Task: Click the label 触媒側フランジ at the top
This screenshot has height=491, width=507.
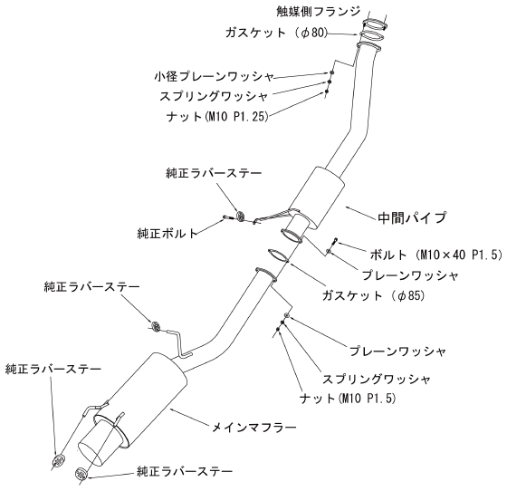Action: pyautogui.click(x=318, y=11)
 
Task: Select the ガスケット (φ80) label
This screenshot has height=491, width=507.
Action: pyautogui.click(x=276, y=33)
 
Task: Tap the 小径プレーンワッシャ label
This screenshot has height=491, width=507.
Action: pyautogui.click(x=214, y=77)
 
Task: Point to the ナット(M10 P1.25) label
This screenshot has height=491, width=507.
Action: pyautogui.click(x=217, y=117)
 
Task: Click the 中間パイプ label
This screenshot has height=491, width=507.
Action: pyautogui.click(x=412, y=217)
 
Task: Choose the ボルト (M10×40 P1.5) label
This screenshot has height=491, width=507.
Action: pyautogui.click(x=435, y=255)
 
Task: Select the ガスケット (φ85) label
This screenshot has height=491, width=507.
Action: pyautogui.click(x=373, y=295)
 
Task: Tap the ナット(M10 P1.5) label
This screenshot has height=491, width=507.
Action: pyautogui.click(x=348, y=399)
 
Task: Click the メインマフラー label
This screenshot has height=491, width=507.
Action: pyautogui.click(x=253, y=428)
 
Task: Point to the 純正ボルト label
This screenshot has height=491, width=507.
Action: pyautogui.click(x=167, y=233)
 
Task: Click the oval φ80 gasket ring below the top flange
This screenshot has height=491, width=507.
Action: pyautogui.click(x=372, y=36)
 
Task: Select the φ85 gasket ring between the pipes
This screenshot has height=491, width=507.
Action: pyautogui.click(x=278, y=255)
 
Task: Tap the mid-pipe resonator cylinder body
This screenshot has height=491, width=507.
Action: pyautogui.click(x=316, y=198)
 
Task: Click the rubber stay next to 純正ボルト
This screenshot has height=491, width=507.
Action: pyautogui.click(x=241, y=216)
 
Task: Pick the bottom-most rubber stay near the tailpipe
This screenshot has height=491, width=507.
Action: pyautogui.click(x=81, y=475)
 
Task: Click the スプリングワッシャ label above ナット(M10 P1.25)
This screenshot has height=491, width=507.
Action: pyautogui.click(x=214, y=96)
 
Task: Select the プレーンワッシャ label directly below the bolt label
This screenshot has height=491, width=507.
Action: pyautogui.click(x=410, y=275)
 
